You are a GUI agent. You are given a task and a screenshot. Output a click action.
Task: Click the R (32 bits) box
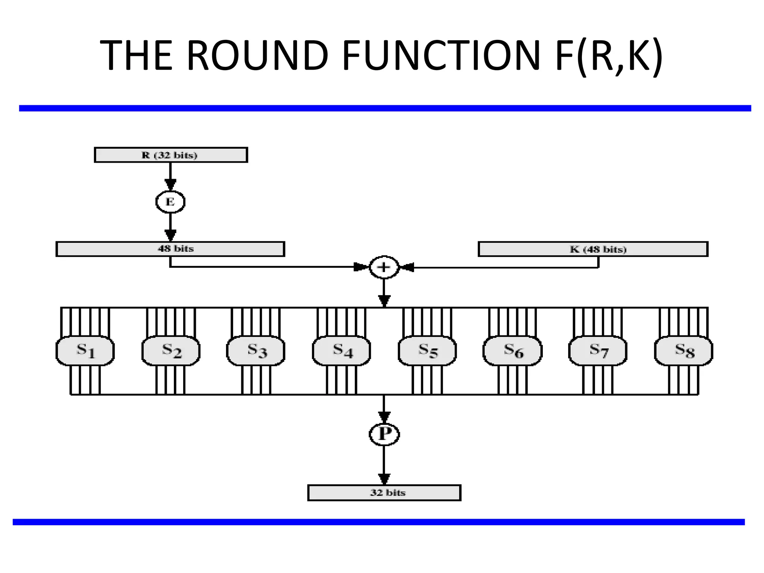[x=171, y=155]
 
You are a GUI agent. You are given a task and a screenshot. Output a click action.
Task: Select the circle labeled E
[x=170, y=202]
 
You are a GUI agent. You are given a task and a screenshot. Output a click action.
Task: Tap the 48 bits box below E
[x=170, y=249]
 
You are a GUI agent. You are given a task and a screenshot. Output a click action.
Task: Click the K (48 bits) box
[x=593, y=249]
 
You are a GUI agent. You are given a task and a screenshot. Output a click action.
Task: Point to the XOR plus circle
[x=384, y=267]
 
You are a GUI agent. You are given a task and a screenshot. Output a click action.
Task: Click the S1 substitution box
[x=85, y=351]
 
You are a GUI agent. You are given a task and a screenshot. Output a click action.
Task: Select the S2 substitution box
[x=171, y=351]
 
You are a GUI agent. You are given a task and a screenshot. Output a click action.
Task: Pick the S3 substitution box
[x=256, y=351]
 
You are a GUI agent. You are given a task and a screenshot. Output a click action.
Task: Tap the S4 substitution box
[x=341, y=351]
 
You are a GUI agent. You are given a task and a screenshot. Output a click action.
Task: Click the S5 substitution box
[x=427, y=351]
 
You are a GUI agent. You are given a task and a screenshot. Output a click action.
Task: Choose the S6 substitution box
[x=513, y=351]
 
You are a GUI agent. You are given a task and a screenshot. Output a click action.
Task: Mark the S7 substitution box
[x=598, y=351]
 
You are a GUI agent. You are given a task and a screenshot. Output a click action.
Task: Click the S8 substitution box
[x=683, y=351]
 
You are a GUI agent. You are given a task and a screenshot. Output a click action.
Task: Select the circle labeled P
[x=384, y=434]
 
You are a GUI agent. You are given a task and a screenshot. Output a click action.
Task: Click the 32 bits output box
[x=384, y=492]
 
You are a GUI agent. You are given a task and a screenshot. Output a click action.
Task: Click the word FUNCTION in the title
[x=441, y=56]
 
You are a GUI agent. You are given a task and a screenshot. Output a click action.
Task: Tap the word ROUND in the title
[x=257, y=56]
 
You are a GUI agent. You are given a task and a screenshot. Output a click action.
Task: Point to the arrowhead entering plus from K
[x=407, y=267]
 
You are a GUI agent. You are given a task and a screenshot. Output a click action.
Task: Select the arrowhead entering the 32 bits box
[x=384, y=479]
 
